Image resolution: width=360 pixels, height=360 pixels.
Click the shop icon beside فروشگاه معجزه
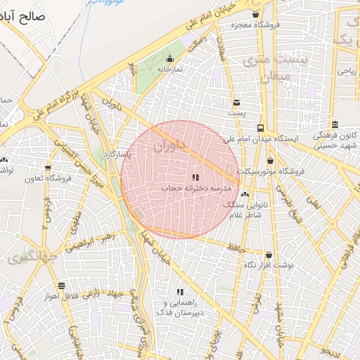[255, 15]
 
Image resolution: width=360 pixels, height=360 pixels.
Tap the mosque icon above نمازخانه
[169, 59]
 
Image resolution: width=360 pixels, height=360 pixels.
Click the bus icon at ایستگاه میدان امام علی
[261, 128]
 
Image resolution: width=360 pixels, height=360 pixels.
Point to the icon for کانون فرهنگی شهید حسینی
[335, 123]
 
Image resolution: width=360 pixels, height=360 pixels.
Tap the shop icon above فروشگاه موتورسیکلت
[270, 161]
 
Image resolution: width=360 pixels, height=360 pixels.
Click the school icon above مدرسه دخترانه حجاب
[195, 177]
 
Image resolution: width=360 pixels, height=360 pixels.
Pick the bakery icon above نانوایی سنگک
[245, 194]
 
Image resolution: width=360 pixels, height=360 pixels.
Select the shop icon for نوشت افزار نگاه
[269, 255]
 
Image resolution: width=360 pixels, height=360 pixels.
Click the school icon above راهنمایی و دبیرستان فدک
[180, 292]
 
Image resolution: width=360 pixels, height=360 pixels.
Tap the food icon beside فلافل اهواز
[62, 285]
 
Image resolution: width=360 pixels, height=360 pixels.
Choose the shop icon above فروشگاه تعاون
[48, 168]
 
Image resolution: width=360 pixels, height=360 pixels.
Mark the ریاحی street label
[346, 71]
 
